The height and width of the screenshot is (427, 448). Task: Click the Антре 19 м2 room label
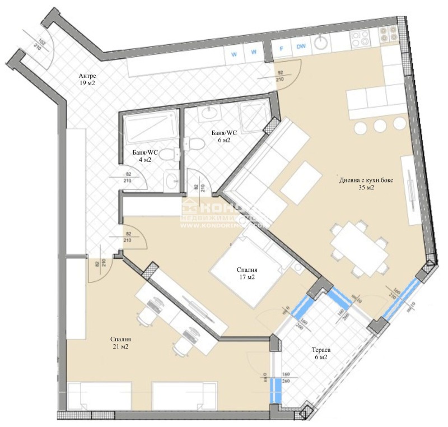tap(88, 79)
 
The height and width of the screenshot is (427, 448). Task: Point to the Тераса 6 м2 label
tap(321, 354)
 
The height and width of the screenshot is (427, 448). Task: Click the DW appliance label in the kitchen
tap(301, 47)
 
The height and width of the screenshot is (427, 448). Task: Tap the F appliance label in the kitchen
tap(282, 47)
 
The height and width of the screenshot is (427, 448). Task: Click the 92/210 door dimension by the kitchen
tap(281, 76)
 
